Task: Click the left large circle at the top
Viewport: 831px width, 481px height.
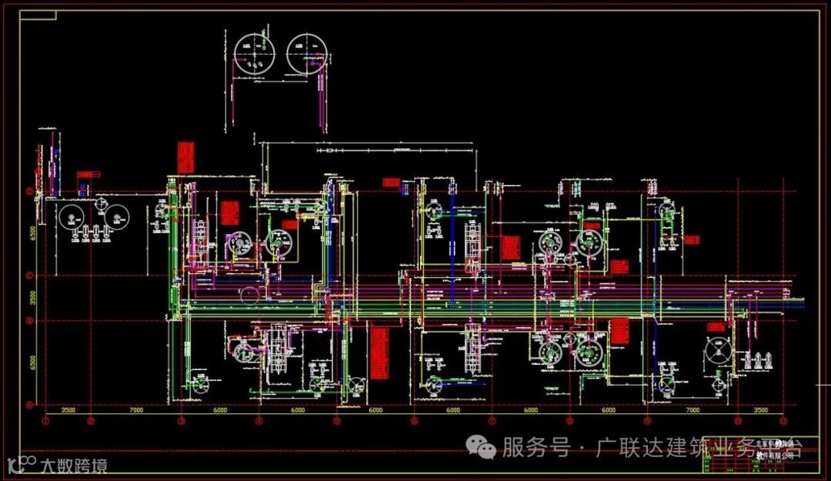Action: pos(254,54)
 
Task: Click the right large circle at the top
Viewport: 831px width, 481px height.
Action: pos(306,53)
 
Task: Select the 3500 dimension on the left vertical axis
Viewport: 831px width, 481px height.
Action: pos(33,298)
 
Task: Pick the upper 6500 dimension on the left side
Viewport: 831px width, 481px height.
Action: pos(33,234)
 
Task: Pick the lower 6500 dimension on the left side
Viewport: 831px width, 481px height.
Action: pos(33,362)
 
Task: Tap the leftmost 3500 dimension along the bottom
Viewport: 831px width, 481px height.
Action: pos(68,411)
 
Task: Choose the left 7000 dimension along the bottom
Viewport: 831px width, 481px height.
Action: pos(136,411)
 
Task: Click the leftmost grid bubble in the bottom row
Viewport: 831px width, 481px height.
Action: pos(45,422)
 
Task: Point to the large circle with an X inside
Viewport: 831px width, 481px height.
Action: pos(720,353)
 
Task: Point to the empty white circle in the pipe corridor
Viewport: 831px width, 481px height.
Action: pos(249,294)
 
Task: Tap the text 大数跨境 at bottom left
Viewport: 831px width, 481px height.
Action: pos(74,465)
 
